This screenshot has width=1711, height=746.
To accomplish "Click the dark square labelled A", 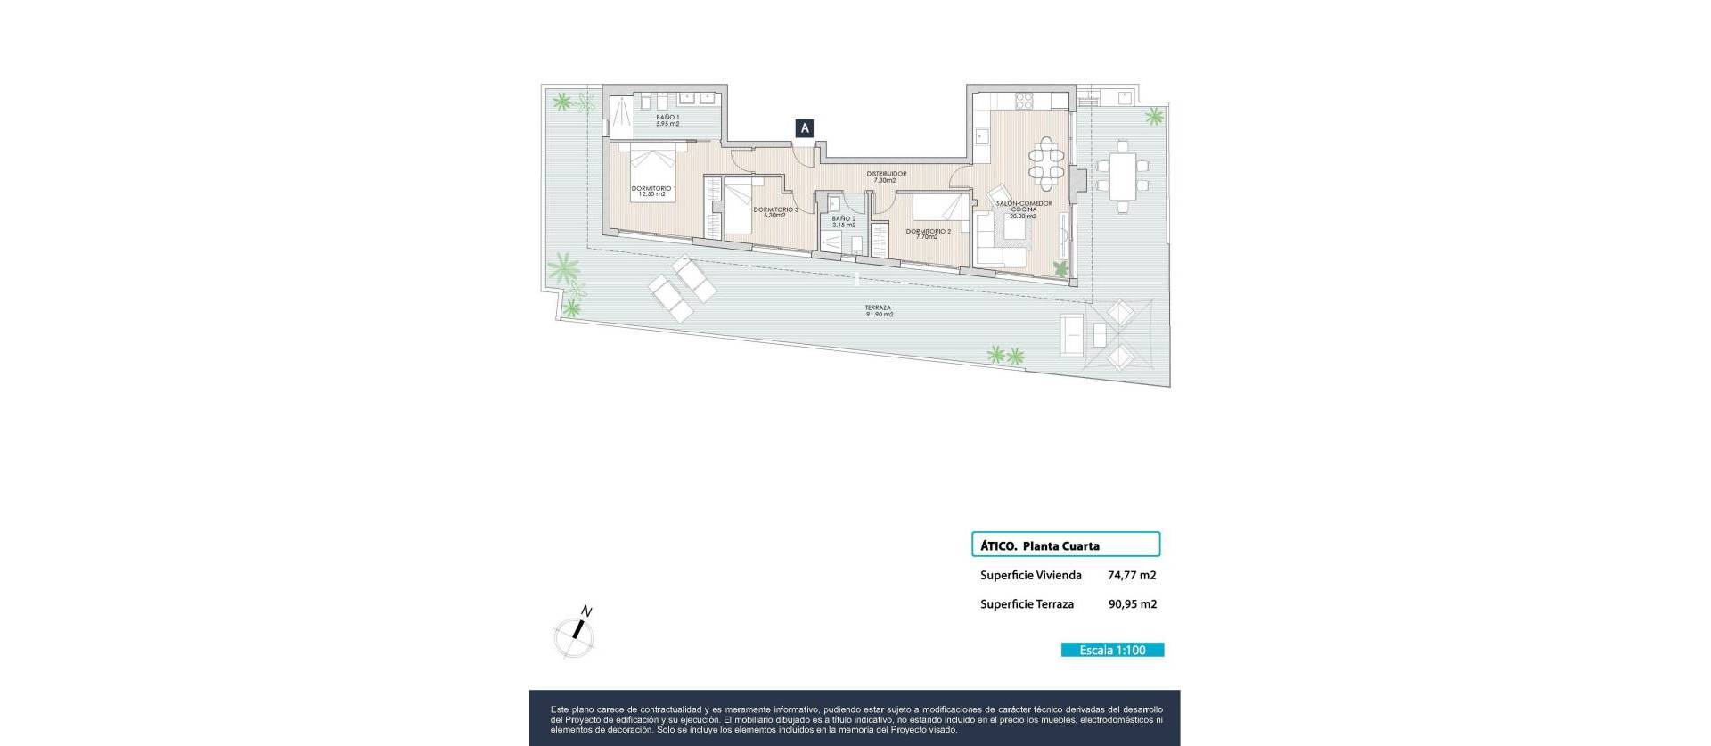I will click(x=805, y=128).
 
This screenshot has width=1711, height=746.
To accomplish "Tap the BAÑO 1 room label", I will click(x=667, y=120).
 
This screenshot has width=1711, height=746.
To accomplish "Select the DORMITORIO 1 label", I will click(x=653, y=191).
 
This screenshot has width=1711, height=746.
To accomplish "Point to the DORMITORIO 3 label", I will click(x=775, y=212).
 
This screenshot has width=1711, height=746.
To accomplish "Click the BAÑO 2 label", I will click(x=843, y=221).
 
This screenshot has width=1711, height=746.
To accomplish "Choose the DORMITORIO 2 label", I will click(x=928, y=234).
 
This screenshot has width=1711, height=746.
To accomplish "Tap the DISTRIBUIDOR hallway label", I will click(x=886, y=176).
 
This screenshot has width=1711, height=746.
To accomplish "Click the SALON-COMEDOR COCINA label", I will click(x=1023, y=209).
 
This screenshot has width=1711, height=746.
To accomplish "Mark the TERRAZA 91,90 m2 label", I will click(x=878, y=311).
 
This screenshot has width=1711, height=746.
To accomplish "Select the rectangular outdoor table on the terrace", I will click(x=1122, y=176).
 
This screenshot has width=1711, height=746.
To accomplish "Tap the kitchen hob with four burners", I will click(x=1025, y=100).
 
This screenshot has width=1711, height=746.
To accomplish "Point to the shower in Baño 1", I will click(x=620, y=113).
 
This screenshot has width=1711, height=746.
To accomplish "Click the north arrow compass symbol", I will click(x=575, y=635).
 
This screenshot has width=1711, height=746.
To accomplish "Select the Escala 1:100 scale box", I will click(x=1112, y=650).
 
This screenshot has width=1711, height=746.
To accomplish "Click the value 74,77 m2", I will click(x=1132, y=576).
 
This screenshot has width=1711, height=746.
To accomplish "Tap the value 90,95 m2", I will click(x=1132, y=604).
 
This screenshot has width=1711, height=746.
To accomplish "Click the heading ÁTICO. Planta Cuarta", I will click(x=1039, y=545).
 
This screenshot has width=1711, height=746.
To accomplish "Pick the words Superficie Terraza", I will click(x=1027, y=604).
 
